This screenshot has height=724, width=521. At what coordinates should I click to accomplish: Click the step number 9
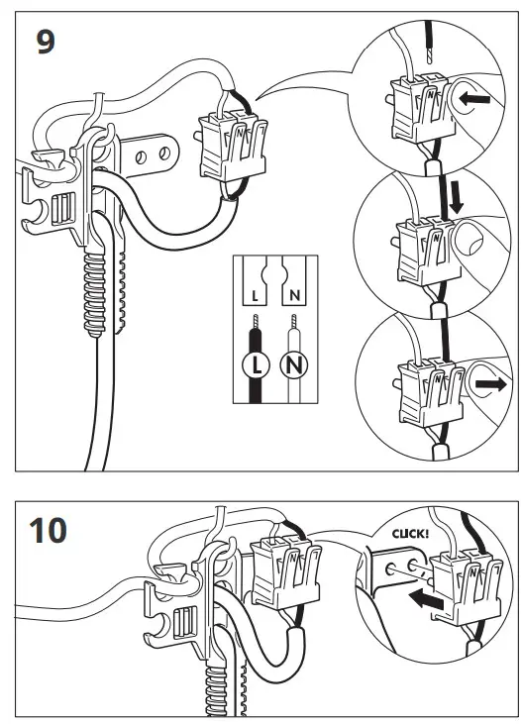[x=46, y=43]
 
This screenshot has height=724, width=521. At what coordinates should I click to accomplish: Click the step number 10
[x=48, y=531]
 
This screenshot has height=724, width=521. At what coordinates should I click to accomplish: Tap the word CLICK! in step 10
[x=410, y=534]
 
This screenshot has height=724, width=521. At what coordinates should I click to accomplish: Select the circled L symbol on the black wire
[x=256, y=365]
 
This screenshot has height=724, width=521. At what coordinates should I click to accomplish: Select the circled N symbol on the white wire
[x=294, y=365]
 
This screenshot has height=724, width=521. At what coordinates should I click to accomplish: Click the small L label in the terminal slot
[x=256, y=296]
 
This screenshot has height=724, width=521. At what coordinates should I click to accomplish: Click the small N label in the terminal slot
[x=294, y=295]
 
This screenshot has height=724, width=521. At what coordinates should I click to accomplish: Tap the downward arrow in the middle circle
[x=457, y=197]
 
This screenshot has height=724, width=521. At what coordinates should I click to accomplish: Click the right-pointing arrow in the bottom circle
[x=491, y=385]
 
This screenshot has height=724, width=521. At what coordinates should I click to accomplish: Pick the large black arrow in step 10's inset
[x=426, y=600]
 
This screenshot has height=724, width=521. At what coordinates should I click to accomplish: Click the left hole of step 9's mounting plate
[x=142, y=157]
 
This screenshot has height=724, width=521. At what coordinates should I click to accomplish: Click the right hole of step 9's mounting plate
[x=164, y=153]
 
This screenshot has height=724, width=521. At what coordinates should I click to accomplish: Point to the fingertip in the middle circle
[x=468, y=238]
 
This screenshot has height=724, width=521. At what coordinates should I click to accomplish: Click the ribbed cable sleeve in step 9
[x=94, y=293]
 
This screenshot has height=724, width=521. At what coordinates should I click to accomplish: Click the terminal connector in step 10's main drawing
[x=284, y=572]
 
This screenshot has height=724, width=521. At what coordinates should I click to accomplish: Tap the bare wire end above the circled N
[x=293, y=322]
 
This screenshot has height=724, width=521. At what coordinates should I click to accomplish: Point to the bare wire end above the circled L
[x=256, y=322]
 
